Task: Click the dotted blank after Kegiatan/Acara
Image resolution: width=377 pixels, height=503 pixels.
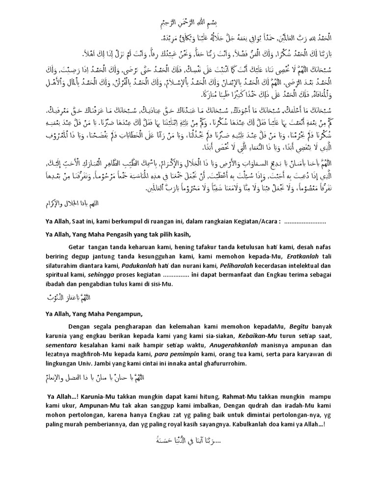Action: (x=305, y=221)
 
